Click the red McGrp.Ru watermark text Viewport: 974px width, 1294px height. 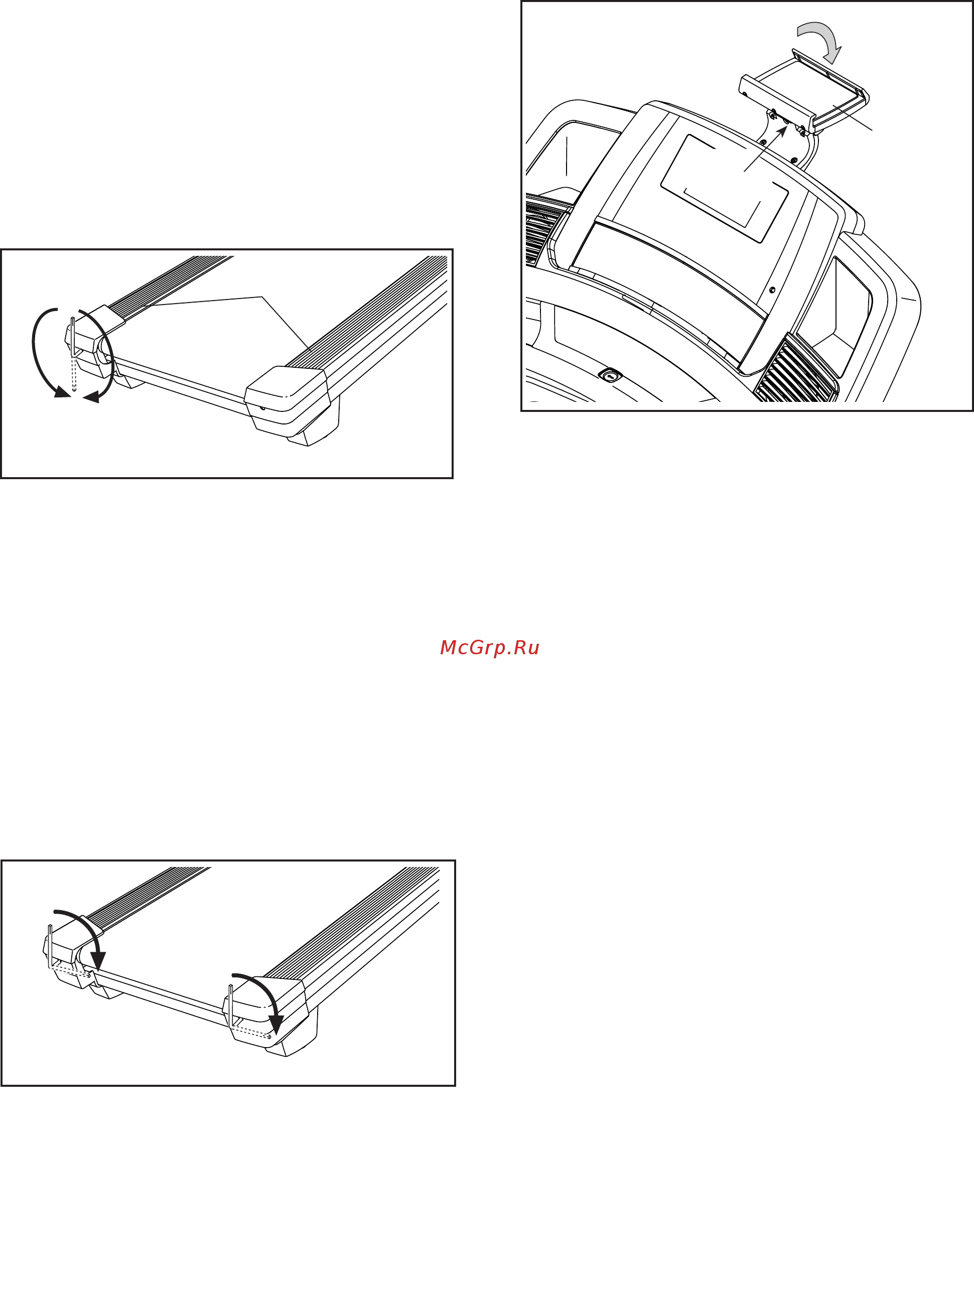(x=489, y=648)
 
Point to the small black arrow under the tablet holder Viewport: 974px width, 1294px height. (x=766, y=149)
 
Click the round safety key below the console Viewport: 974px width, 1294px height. (x=610, y=374)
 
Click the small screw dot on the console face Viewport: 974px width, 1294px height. (x=772, y=290)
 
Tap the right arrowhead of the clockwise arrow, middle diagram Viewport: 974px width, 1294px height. (x=91, y=397)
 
